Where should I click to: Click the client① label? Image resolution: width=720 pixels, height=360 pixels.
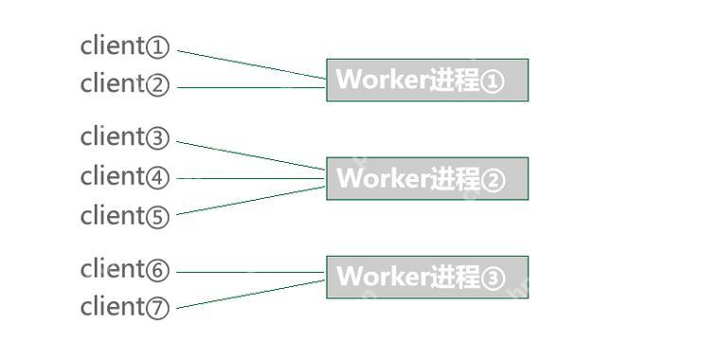click(x=124, y=45)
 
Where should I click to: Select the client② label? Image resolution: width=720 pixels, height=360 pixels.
click(x=124, y=83)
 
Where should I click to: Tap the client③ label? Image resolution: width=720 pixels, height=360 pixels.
click(x=124, y=137)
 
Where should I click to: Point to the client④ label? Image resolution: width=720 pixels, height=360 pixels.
click(x=124, y=176)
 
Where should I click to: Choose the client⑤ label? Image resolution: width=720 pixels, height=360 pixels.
click(x=124, y=216)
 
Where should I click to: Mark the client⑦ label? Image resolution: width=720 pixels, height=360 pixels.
click(x=124, y=307)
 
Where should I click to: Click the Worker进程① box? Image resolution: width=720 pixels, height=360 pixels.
click(x=427, y=80)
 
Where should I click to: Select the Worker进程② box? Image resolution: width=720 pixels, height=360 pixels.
click(x=427, y=178)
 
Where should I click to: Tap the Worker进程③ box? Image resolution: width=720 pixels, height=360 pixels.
click(x=427, y=277)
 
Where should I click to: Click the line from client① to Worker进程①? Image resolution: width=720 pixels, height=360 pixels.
click(x=252, y=63)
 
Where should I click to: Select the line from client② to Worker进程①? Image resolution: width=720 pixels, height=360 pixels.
click(x=252, y=87)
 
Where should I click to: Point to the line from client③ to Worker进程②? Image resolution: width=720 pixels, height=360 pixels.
click(x=252, y=155)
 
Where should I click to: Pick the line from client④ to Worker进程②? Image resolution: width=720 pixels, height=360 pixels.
click(x=252, y=177)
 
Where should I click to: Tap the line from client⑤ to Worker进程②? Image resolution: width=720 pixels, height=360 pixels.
click(x=252, y=200)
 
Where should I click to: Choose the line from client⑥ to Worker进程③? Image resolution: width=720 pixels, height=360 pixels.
click(x=252, y=272)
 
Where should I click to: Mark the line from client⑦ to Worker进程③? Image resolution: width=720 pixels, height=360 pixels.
click(x=252, y=294)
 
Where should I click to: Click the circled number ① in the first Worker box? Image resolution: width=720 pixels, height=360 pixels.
click(x=493, y=81)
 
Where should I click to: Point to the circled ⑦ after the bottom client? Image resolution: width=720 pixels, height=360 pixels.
click(x=157, y=308)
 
